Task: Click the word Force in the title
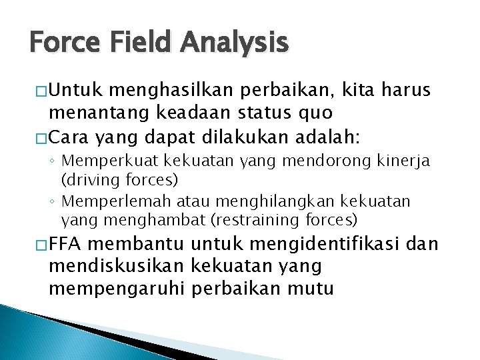(x=62, y=43)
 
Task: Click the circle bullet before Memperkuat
(x=52, y=161)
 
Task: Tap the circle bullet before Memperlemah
(x=52, y=201)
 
